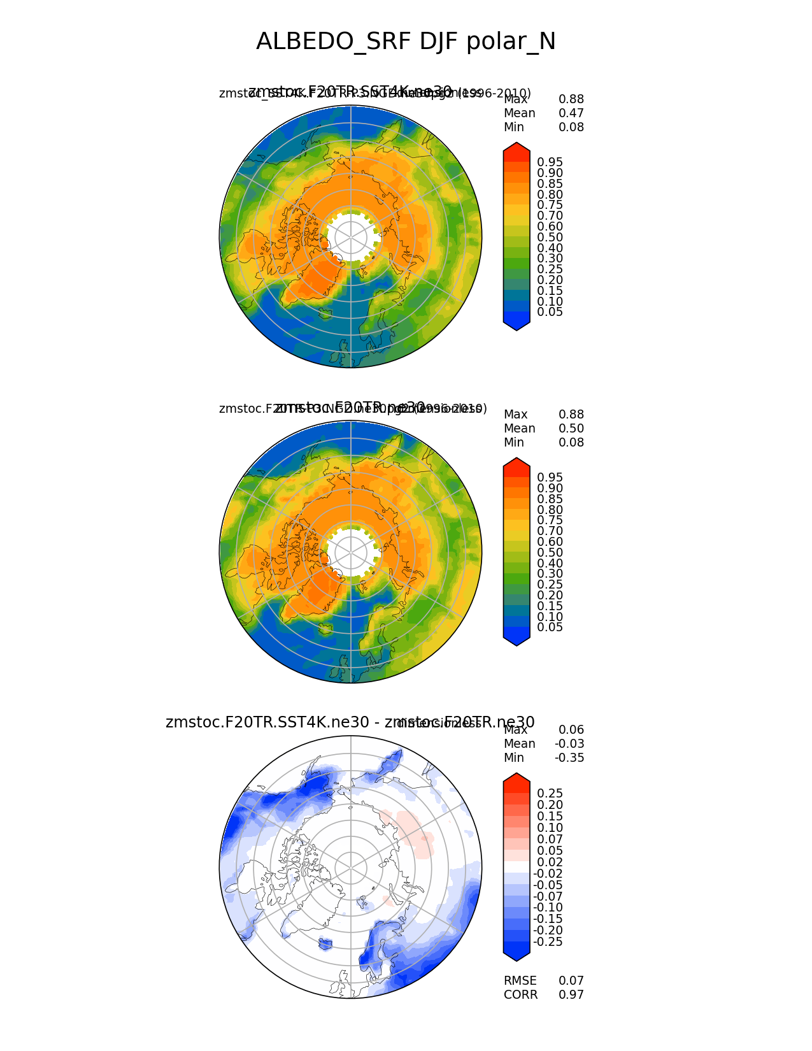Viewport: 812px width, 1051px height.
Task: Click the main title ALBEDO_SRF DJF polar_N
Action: (406, 41)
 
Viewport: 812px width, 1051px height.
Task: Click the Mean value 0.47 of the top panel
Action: (571, 113)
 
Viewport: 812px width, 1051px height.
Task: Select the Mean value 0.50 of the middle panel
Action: (571, 429)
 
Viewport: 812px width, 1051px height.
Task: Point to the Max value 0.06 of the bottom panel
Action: (571, 730)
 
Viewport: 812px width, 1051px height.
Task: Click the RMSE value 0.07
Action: (571, 981)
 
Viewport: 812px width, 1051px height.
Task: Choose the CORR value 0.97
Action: (571, 995)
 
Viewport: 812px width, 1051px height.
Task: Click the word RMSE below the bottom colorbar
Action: (520, 981)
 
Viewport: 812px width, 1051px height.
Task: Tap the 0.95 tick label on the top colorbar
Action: (550, 162)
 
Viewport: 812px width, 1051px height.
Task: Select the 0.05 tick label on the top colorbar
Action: (550, 312)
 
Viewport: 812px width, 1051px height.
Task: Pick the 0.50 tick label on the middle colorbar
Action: (550, 553)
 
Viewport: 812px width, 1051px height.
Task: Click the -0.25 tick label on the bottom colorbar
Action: (548, 942)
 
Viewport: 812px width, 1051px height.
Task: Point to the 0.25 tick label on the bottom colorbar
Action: (550, 793)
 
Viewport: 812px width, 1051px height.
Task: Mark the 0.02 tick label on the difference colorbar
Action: (550, 862)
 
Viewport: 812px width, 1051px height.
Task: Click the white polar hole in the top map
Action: (350, 236)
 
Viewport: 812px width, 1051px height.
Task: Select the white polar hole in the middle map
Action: (350, 552)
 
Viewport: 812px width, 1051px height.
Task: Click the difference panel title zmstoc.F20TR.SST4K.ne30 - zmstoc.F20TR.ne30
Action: (350, 722)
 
